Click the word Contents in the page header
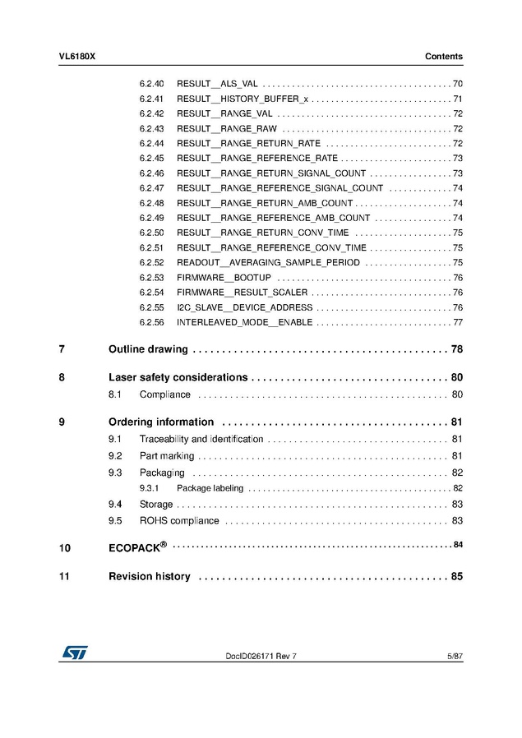[443, 57]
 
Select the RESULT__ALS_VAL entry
[217, 85]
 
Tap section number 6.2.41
[151, 99]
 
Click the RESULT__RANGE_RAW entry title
[227, 129]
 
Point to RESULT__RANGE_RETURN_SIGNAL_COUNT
[271, 173]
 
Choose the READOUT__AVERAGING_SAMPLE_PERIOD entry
[268, 262]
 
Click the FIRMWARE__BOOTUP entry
[224, 278]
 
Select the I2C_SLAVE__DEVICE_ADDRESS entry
[244, 307]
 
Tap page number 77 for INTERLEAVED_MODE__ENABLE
[458, 322]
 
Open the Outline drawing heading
[148, 349]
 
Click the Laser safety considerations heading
[178, 377]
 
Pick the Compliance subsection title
[164, 394]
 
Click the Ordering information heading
[161, 422]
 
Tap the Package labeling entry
[210, 488]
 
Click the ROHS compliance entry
[179, 520]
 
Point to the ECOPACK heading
[137, 547]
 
